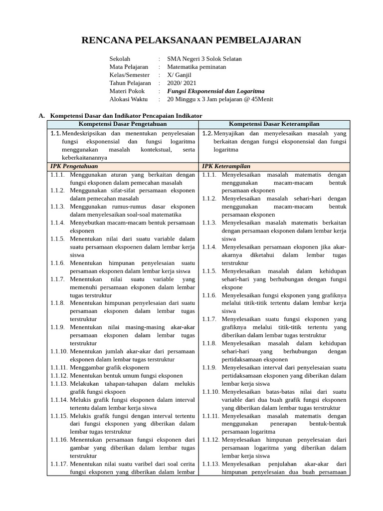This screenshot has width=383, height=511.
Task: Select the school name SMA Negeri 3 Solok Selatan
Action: (x=204, y=59)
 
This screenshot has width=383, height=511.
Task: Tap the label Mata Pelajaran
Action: (x=129, y=67)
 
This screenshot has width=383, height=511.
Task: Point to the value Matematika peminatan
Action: (x=196, y=67)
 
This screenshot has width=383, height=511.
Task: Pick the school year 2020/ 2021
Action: (x=182, y=83)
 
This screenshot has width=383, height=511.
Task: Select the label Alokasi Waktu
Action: (x=128, y=99)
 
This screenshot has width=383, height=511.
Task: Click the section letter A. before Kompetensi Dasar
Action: (x=42, y=115)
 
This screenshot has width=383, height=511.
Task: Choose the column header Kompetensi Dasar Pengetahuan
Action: (x=123, y=124)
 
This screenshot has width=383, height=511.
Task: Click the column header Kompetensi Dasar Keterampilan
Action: (x=274, y=124)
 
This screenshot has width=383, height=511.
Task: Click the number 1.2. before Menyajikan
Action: (x=208, y=133)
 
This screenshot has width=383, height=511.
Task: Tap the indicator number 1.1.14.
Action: (x=58, y=399)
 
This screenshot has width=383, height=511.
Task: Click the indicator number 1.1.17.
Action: (x=58, y=464)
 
